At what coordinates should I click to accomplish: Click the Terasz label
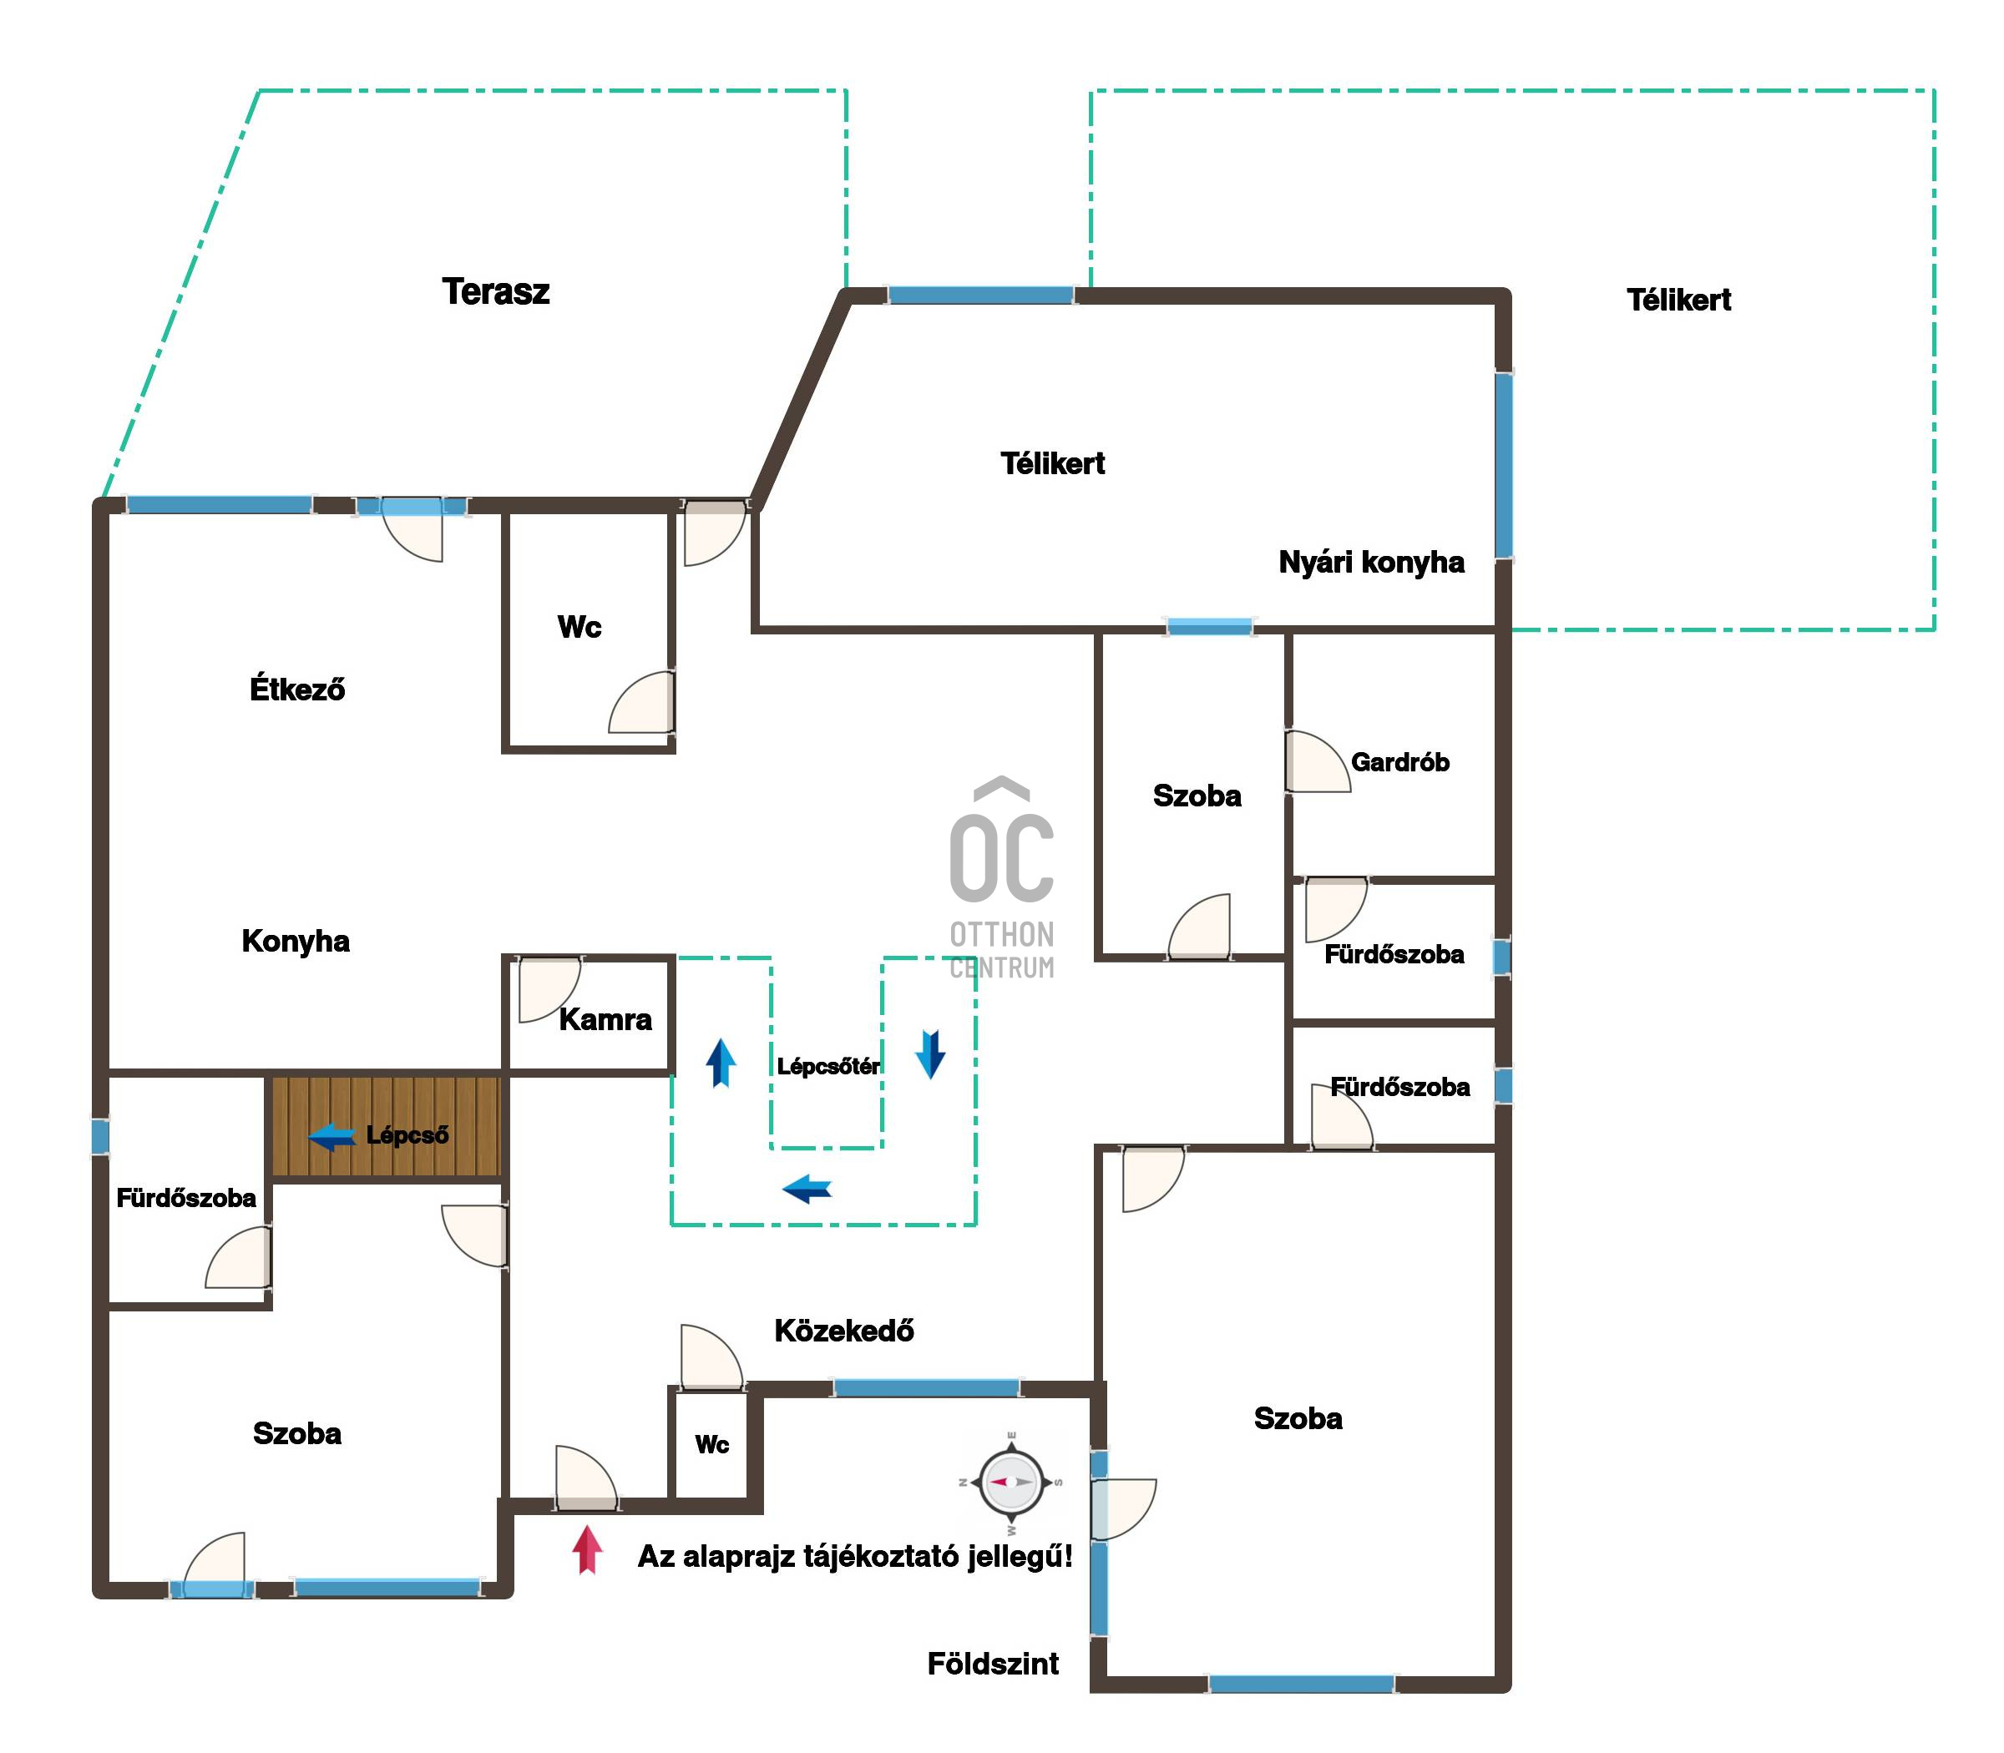pos(495,291)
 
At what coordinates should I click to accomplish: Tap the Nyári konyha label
pos(1371,563)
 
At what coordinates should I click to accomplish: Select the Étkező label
pos(297,689)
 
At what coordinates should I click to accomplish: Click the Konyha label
pos(296,941)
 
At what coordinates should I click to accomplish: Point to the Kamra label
pos(605,1019)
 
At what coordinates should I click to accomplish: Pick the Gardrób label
pos(1399,762)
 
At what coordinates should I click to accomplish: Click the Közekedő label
pos(843,1331)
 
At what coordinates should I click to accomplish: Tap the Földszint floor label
pos(992,1664)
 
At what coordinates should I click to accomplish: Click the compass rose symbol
pos(1011,1481)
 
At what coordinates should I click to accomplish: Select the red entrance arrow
pos(587,1549)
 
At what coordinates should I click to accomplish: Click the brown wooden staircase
pos(386,1126)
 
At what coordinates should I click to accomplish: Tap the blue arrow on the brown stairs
pos(331,1137)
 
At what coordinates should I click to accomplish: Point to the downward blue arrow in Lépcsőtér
pos(929,1054)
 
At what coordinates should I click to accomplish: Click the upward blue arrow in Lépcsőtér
pos(721,1063)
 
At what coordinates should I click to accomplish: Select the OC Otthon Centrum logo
pos(1002,878)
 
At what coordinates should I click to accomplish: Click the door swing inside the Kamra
pos(548,990)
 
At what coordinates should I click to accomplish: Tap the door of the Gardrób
pos(1317,761)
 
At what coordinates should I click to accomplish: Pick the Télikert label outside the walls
pos(1678,300)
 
